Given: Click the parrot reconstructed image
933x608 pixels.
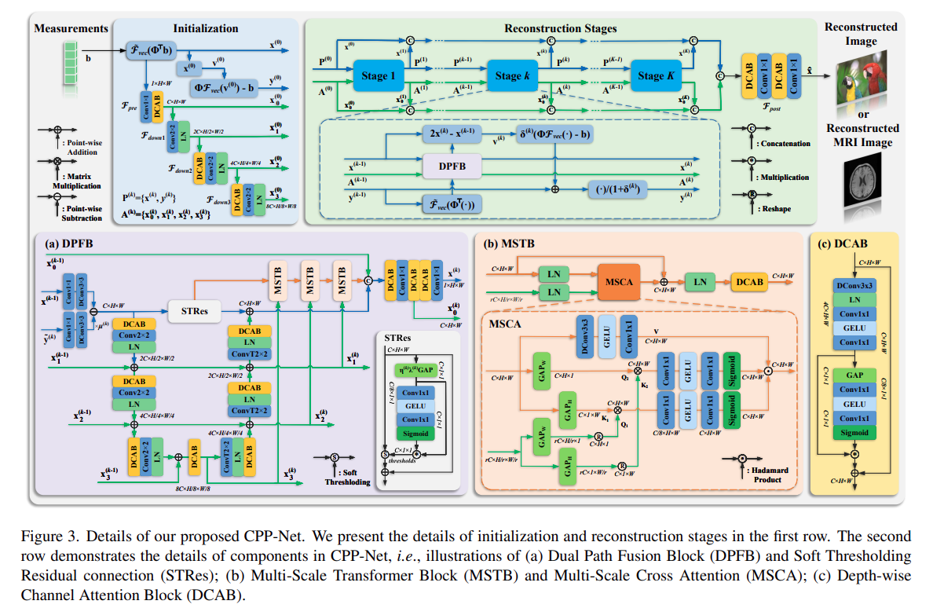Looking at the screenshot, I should [862, 82].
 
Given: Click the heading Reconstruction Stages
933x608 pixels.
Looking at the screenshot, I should [560, 29].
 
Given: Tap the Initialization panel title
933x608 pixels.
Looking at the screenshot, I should [206, 28].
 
